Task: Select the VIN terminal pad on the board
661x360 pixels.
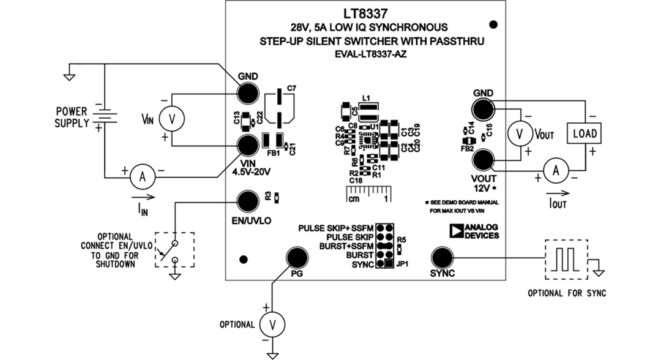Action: coord(248,146)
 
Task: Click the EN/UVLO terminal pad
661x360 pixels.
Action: coord(248,200)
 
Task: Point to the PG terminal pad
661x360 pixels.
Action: coord(297,258)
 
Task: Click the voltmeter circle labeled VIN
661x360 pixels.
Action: coord(172,121)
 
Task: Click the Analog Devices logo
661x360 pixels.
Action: coord(474,231)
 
